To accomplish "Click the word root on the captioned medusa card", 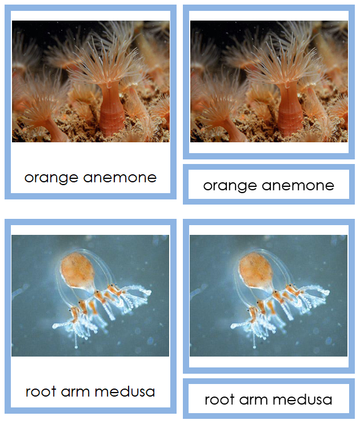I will point(41,392).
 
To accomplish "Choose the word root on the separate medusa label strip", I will point(220,399).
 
